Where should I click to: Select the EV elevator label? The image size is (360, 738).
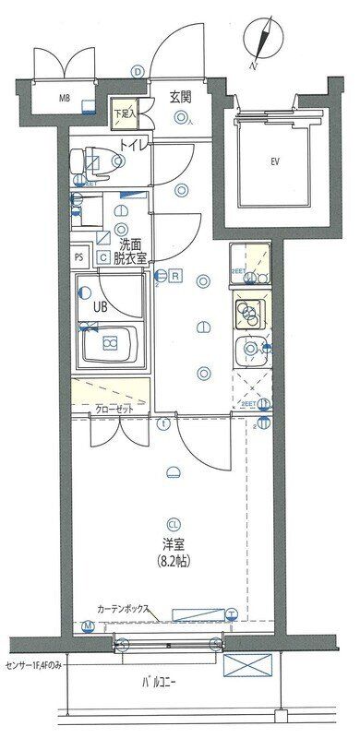pyautogui.click(x=274, y=162)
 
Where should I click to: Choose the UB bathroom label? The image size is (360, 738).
pyautogui.click(x=98, y=306)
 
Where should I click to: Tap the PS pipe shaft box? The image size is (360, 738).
pyautogui.click(x=79, y=258)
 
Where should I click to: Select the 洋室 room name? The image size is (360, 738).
pyautogui.click(x=172, y=542)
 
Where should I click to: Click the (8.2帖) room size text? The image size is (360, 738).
pyautogui.click(x=172, y=561)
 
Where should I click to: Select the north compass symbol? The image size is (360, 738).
pyautogui.click(x=263, y=42)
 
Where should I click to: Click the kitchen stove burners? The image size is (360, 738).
pyautogui.click(x=249, y=315)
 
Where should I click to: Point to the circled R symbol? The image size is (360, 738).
pyautogui.click(x=174, y=274)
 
